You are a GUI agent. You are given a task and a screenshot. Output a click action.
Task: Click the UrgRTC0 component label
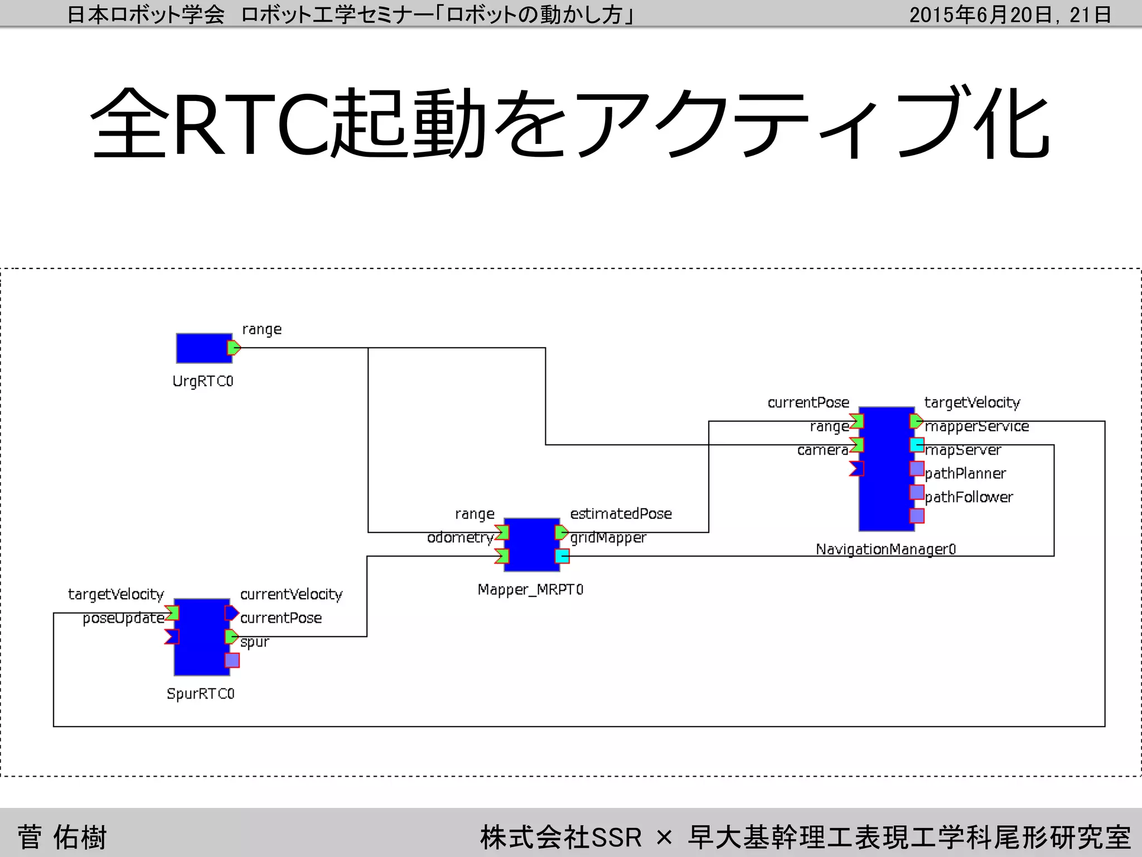coord(202,381)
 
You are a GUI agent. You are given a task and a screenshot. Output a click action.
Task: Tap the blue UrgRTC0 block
coord(203,348)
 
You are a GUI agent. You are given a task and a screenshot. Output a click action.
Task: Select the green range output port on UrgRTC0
coord(234,348)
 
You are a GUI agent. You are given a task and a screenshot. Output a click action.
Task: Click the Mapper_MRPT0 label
coord(530,590)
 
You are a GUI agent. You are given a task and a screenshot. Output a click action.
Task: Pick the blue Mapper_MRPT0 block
coord(531,545)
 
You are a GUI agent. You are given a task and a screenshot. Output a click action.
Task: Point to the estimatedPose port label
coord(621,513)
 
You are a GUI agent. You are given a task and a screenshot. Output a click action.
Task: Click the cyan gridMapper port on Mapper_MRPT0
coord(562,556)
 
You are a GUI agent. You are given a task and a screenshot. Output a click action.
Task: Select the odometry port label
coord(460,537)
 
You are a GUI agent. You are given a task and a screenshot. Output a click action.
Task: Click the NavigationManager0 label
coord(885,550)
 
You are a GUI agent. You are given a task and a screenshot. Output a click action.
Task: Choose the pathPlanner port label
coord(965,473)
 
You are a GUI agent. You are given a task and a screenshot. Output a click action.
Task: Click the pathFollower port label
coord(969,497)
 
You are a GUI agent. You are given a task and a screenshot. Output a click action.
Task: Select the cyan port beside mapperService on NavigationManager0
coord(917,445)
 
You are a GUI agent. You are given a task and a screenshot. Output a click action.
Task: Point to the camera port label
coord(822,450)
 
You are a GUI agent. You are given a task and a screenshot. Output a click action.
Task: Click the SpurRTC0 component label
coord(201,694)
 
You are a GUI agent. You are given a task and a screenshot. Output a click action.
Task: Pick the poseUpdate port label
coord(123,618)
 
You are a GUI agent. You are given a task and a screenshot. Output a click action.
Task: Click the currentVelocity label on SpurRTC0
coord(291,594)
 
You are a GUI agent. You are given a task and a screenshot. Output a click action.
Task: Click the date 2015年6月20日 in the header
coord(981,15)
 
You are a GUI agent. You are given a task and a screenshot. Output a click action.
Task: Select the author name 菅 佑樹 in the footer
coord(62,837)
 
